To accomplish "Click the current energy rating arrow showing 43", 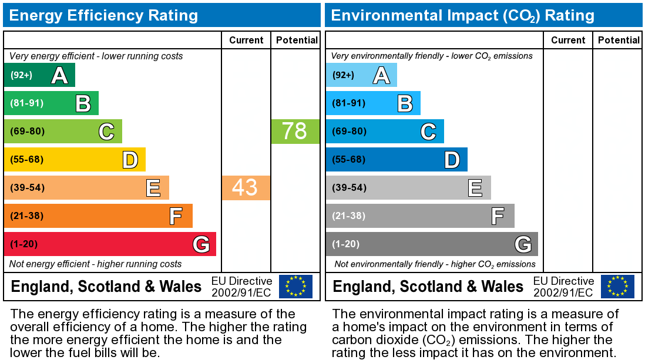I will tap(246, 187).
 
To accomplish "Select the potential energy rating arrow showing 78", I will tap(295, 131).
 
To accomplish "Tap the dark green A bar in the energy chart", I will tap(39, 75).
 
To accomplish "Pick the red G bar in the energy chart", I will tap(110, 244).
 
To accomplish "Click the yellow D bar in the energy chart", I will tap(75, 159).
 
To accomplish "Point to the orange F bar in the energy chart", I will tap(98, 216).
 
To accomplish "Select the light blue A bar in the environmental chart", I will tap(361, 75).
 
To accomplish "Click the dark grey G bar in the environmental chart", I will tap(432, 244).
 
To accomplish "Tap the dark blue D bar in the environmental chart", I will tap(397, 159).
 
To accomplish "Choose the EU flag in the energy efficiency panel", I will tap(295, 287).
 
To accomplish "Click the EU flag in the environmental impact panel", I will tap(617, 287).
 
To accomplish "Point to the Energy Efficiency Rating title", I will tap(103, 15).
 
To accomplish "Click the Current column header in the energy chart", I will tap(246, 40).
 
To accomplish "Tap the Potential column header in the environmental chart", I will tap(619, 40).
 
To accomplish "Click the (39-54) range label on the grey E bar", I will tap(349, 188).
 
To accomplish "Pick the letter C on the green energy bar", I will tap(106, 132).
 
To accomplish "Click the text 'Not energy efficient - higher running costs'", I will tap(96, 264).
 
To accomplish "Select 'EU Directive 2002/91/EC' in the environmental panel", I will tap(563, 287).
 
